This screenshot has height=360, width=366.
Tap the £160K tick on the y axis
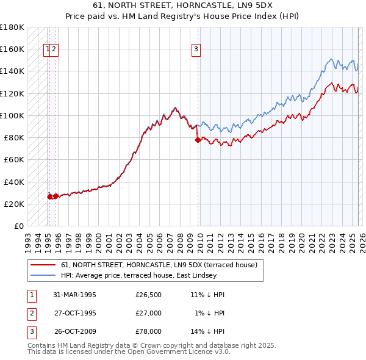(x=12, y=49)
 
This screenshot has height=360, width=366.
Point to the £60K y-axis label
(x=14, y=159)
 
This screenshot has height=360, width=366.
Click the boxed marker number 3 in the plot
(x=196, y=51)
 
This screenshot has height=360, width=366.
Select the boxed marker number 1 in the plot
(x=47, y=51)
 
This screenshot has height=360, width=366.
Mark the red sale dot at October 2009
(x=198, y=140)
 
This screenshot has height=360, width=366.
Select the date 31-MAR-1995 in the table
(x=75, y=295)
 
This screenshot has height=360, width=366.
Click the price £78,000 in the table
(x=149, y=331)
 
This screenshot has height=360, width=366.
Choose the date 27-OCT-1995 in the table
(x=75, y=313)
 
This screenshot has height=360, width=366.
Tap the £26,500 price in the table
(x=149, y=295)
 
